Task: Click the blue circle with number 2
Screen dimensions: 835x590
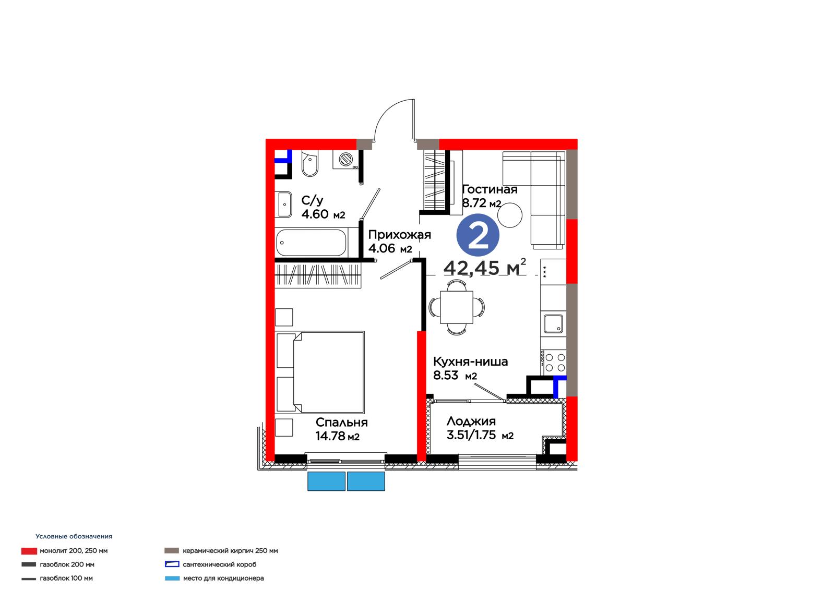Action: coord(478,235)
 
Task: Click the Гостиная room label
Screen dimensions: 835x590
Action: coord(490,189)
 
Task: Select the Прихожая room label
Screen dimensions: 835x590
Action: coord(400,234)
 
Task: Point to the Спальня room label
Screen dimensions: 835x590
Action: coord(341,422)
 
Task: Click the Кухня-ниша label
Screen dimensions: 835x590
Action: coord(470,362)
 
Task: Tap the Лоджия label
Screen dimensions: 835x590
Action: coord(471,421)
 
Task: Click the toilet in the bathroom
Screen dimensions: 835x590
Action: coord(310,163)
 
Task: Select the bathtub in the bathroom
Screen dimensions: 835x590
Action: coord(312,243)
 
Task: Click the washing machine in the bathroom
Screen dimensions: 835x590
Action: coord(345,160)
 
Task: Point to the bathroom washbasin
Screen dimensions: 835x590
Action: coord(284,204)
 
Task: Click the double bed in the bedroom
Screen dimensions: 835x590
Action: coord(320,372)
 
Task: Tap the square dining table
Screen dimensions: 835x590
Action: coord(457,307)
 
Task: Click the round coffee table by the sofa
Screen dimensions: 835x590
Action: coord(510,215)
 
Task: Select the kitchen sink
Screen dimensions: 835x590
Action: coord(554,324)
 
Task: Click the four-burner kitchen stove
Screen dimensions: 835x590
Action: coord(554,363)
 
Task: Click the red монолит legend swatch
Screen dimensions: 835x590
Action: coord(29,551)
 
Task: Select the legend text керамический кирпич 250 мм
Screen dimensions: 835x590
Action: coord(230,550)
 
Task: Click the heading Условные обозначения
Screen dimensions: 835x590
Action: coord(74,536)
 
